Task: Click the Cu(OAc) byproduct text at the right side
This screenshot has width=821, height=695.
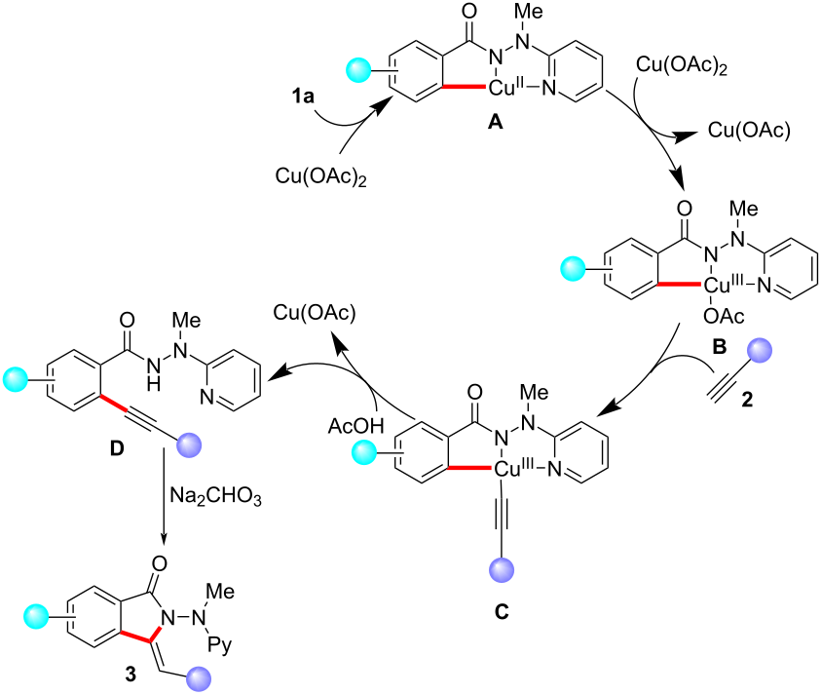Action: pyautogui.click(x=748, y=129)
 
